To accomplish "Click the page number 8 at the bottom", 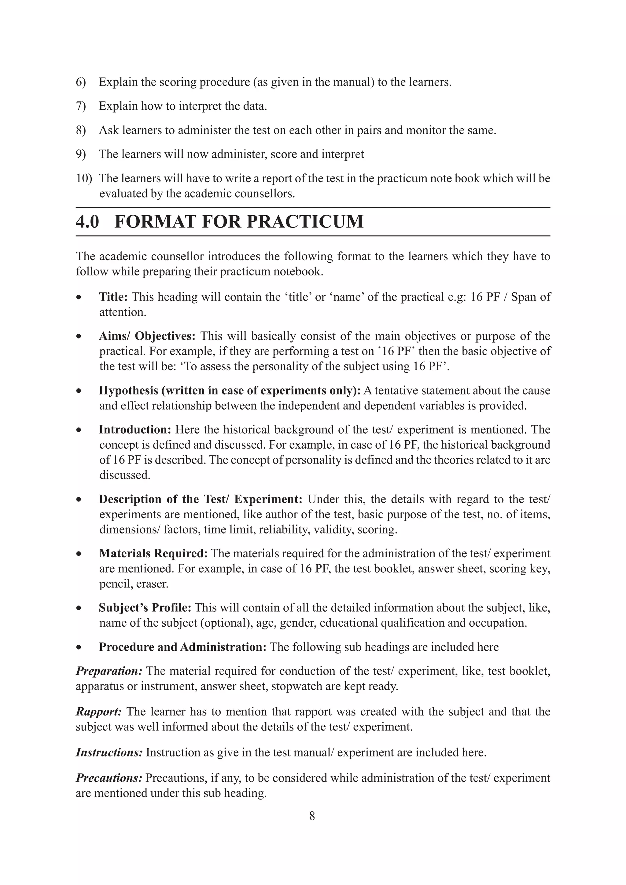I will point(312,816).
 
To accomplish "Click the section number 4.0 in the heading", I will point(87,222).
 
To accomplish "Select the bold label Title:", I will point(113,297).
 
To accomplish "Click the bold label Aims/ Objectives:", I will point(147,336).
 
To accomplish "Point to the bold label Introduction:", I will point(134,429).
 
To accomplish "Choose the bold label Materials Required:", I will point(153,554).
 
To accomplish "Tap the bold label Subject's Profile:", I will point(145,608).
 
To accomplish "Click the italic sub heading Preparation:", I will point(109,671).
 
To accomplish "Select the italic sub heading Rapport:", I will point(99,712).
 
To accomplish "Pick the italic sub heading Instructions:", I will point(109,752).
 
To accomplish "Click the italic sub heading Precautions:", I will point(109,778).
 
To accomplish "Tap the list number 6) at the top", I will point(81,82).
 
